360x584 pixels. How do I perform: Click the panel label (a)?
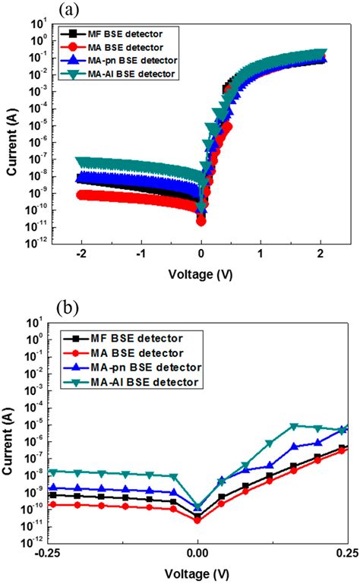pyautogui.click(x=67, y=9)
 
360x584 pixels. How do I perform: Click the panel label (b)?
pyautogui.click(x=67, y=309)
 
